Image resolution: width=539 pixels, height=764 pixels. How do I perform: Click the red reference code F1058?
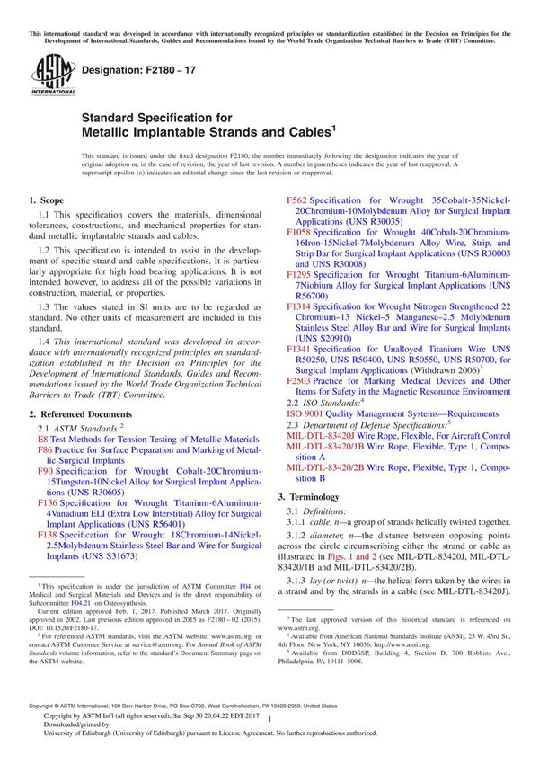point(301,232)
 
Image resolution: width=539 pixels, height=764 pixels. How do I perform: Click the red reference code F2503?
point(301,381)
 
